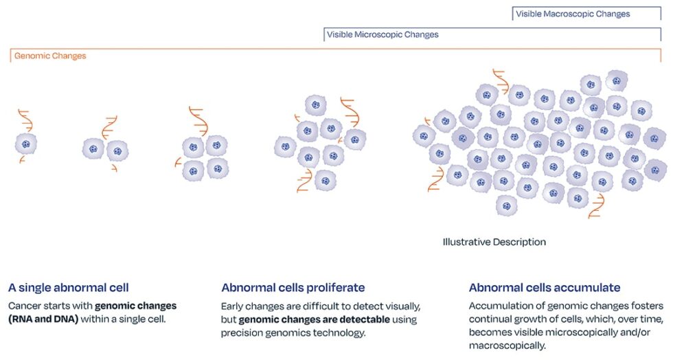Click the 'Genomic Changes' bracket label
(50, 56)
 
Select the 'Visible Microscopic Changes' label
(383, 34)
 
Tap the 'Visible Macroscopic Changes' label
(571, 14)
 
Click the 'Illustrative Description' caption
(494, 242)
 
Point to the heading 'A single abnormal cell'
(69, 287)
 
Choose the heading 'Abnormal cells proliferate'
(293, 287)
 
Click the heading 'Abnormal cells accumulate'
(545, 287)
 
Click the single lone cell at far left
(26, 144)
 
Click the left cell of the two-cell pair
(93, 149)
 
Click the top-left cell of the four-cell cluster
(194, 146)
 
